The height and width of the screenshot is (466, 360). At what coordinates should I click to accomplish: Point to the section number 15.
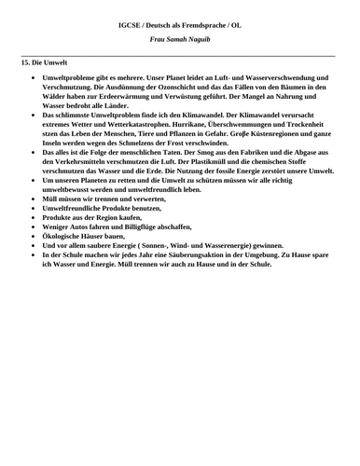click(x=25, y=61)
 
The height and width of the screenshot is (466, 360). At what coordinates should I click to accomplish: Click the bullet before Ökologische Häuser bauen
click(x=34, y=235)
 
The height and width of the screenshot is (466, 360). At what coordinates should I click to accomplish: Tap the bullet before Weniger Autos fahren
click(x=34, y=226)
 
